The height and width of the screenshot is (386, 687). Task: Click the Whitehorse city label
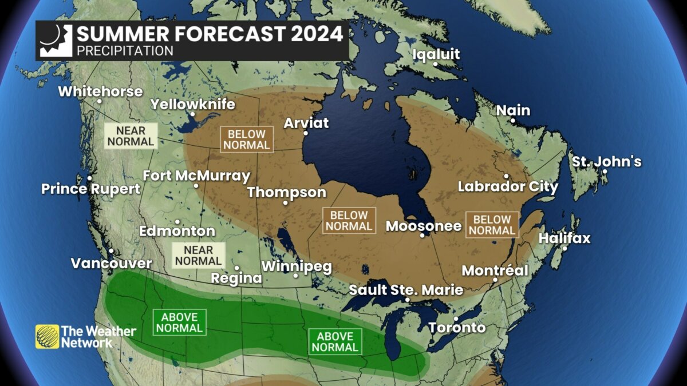click(x=100, y=91)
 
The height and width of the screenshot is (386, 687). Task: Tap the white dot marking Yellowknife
click(x=192, y=114)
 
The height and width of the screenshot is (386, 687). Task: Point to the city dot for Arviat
click(x=306, y=133)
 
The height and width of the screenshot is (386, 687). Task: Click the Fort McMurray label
click(x=196, y=176)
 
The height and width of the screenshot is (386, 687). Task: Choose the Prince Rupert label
click(x=90, y=189)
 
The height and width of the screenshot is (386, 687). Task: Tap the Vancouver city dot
click(x=110, y=251)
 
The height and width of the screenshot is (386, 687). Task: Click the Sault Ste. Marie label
click(x=406, y=290)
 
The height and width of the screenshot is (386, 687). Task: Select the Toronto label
click(x=457, y=328)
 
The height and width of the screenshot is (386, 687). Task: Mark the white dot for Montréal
click(x=495, y=280)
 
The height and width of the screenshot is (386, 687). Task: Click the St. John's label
click(x=606, y=162)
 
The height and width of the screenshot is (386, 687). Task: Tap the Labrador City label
click(x=508, y=187)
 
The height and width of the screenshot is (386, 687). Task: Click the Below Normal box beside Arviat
click(x=247, y=140)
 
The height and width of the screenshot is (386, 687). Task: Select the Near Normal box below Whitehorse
click(x=131, y=136)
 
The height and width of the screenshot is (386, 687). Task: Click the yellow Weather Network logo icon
click(x=47, y=336)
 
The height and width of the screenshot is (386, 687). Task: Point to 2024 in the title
click(x=317, y=34)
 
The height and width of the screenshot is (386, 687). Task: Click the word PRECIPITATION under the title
click(x=125, y=51)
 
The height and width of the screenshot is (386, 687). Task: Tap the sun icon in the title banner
click(x=56, y=40)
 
